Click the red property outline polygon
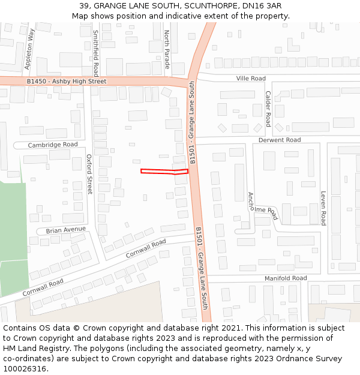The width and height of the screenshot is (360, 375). pos(164,172)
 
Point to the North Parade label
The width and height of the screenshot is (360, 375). pos(167,49)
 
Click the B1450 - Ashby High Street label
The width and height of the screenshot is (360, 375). pos(66,81)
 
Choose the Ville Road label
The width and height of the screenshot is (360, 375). pos(251,79)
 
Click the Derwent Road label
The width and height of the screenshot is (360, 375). pos(280,140)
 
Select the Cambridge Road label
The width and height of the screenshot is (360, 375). pos(53,145)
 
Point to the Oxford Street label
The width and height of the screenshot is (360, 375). pos(90,174)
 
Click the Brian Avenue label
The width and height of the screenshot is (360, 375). pos(66,230)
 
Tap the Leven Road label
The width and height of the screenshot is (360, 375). pos(323,208)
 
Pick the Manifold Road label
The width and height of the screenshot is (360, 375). pos(286,278)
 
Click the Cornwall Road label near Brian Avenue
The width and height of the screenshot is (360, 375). pos(146,248)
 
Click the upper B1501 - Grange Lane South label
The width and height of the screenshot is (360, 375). pos(192,122)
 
